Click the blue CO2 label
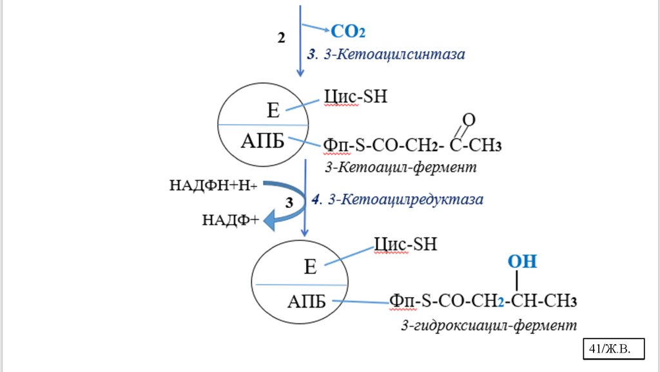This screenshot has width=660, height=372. pyautogui.click(x=352, y=30)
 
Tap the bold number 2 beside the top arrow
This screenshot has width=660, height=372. pyautogui.click(x=281, y=38)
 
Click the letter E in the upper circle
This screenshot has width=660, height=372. pyautogui.click(x=273, y=110)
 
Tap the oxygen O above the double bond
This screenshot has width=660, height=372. pyautogui.click(x=469, y=119)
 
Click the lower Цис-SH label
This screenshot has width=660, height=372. pyautogui.click(x=405, y=244)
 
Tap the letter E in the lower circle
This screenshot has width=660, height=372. pyautogui.click(x=310, y=267)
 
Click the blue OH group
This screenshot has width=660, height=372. pyautogui.click(x=522, y=262)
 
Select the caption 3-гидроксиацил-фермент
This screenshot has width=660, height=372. pyautogui.click(x=489, y=324)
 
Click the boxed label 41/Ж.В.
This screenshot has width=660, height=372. pyautogui.click(x=614, y=349)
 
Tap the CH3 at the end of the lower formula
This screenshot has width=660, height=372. pyautogui.click(x=560, y=301)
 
